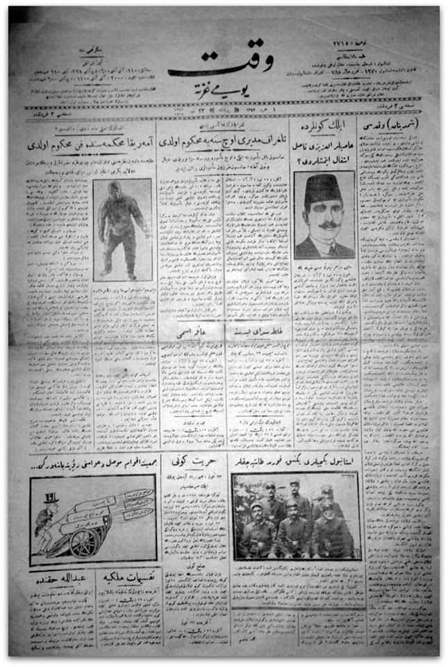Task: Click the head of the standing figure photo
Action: [115, 190]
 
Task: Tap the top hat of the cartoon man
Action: [50, 497]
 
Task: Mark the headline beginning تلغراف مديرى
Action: [226, 147]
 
